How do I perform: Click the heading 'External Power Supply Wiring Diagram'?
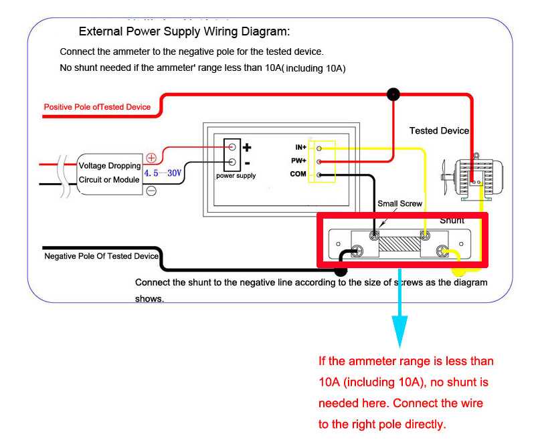click(x=184, y=31)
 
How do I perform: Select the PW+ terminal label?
click(x=298, y=160)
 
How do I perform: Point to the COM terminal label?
click(x=298, y=174)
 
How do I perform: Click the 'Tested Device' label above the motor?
click(x=439, y=130)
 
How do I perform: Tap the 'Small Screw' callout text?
click(x=399, y=203)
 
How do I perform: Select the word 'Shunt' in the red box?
click(x=452, y=220)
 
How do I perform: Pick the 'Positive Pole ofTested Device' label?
click(x=97, y=107)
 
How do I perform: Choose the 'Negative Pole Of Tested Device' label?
click(x=101, y=256)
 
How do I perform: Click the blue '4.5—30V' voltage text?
click(x=163, y=173)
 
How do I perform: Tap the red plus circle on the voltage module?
click(x=151, y=158)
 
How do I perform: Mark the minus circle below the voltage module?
click(x=151, y=191)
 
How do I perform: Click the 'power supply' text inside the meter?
click(x=236, y=176)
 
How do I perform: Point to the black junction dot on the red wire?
click(x=393, y=94)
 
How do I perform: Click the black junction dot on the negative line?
click(x=341, y=271)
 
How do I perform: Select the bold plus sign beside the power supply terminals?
click(x=247, y=147)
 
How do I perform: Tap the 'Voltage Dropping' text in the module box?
click(x=110, y=166)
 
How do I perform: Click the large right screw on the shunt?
click(x=442, y=251)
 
